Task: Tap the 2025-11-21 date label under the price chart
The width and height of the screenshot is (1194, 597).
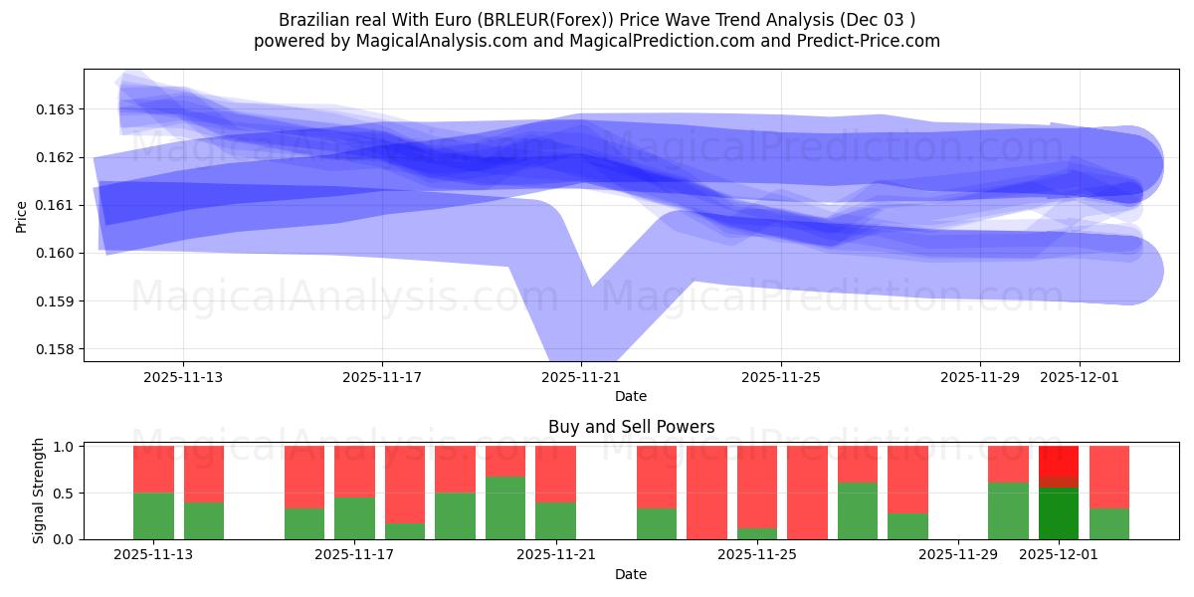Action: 581,377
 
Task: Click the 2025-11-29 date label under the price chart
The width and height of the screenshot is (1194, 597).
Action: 980,377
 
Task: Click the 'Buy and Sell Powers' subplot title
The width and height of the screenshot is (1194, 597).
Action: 631,427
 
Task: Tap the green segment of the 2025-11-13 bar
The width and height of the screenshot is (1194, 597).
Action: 153,515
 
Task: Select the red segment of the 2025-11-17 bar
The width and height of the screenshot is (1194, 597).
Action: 354,470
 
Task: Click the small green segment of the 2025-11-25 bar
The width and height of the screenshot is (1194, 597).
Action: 756,533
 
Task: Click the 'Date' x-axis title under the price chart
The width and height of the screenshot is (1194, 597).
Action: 631,396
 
